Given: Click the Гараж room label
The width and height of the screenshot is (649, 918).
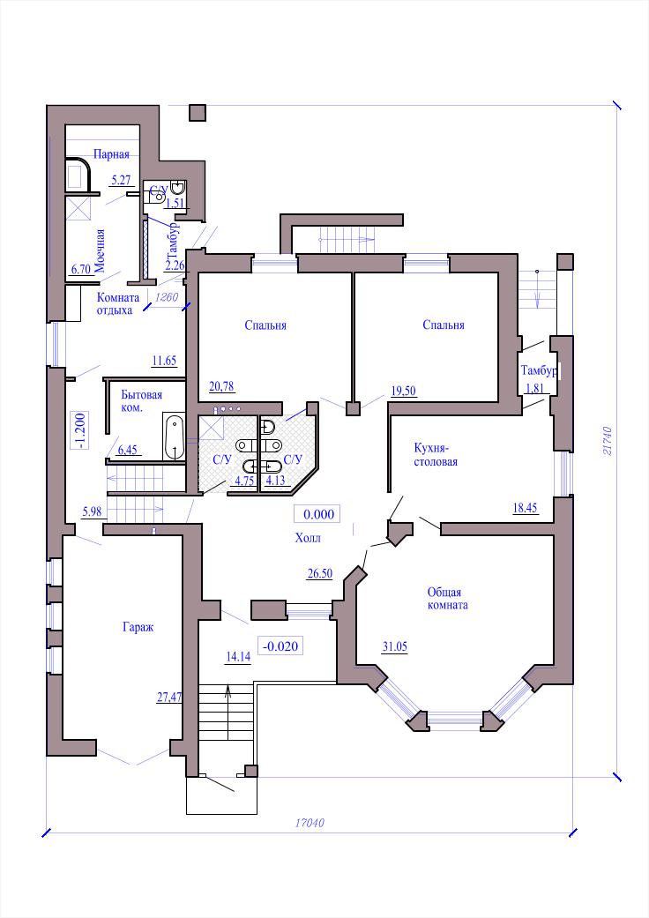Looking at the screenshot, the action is [x=138, y=627].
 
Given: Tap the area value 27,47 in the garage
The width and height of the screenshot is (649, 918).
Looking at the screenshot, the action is [x=169, y=697].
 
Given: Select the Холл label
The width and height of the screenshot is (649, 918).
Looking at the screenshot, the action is [x=308, y=538].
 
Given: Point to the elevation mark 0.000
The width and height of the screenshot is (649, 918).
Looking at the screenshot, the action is [x=319, y=515].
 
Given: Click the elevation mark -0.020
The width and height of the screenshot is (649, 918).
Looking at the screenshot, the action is [x=281, y=646].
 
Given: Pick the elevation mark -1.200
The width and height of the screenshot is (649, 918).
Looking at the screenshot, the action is [x=80, y=430].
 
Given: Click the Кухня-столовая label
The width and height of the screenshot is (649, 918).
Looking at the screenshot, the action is [x=436, y=455].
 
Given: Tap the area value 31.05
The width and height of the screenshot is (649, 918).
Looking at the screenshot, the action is [x=395, y=647].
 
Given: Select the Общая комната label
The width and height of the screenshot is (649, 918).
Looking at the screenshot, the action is [x=448, y=599].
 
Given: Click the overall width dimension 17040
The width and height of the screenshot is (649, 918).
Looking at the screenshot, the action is [x=310, y=823].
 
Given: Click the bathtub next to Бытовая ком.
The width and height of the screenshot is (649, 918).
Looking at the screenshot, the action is [x=174, y=437].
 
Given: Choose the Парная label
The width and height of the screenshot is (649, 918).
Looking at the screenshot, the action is [x=111, y=154].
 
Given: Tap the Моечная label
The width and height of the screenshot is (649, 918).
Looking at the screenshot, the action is [x=100, y=250].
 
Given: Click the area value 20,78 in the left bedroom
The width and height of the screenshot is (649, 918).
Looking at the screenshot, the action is [x=221, y=386].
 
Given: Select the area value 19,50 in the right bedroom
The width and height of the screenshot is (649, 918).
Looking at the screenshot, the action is [x=404, y=391].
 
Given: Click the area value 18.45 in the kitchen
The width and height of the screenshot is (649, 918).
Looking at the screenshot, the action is [x=525, y=508].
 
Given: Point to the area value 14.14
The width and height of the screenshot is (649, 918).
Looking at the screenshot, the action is [x=238, y=657].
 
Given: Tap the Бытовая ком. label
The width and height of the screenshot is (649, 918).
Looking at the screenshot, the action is [x=142, y=401].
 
